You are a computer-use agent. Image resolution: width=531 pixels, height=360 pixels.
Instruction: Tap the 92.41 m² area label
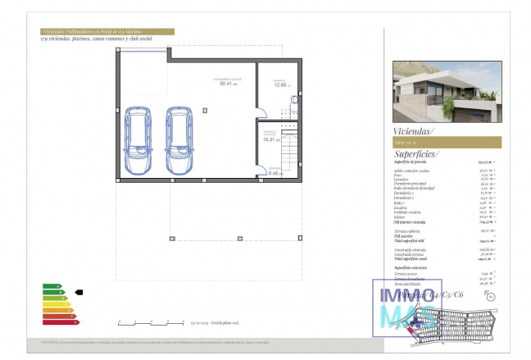pos(228,82)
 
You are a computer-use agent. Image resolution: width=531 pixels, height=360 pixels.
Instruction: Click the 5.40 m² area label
pos(275,173)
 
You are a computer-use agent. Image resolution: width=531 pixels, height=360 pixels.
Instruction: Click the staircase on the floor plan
pos(288,151)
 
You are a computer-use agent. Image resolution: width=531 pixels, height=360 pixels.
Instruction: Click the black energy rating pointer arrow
pos(79,291)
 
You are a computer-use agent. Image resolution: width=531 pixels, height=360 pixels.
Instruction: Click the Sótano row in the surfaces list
pos(402,216)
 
